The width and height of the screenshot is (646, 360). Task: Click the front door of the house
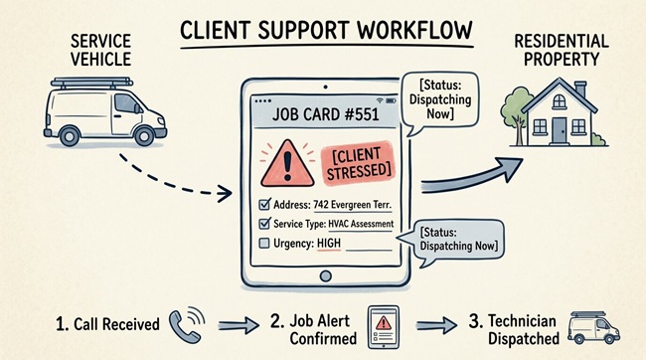click(561, 127)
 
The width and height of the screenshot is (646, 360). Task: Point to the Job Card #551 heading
click(324, 116)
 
